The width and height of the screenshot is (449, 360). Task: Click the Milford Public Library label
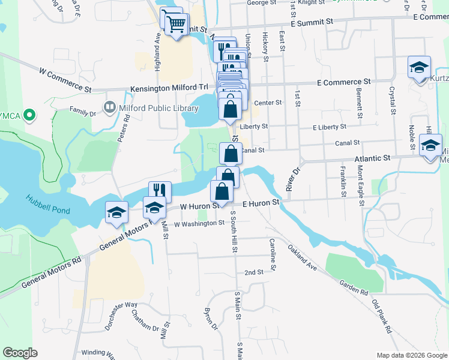pos(159,108)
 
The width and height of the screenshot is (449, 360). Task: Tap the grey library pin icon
pos(110,108)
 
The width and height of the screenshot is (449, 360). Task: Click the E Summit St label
pos(312,22)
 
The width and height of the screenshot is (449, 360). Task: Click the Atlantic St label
pos(372,158)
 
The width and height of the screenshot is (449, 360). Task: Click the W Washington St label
pos(199,223)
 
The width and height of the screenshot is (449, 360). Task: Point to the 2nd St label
pos(254,272)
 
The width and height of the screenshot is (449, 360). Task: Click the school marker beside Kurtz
pos(419,67)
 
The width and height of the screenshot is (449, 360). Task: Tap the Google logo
pos(20,353)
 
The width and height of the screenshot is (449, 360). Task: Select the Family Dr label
pos(82,110)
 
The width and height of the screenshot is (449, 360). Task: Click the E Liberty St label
pos(330,127)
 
